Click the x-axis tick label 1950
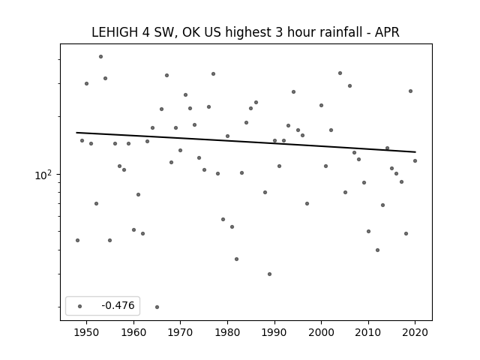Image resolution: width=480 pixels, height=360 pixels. [x=87, y=332]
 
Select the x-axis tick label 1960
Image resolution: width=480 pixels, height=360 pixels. [x=133, y=332]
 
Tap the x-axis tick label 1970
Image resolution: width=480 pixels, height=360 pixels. [x=180, y=332]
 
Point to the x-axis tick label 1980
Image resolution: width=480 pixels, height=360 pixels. [x=227, y=332]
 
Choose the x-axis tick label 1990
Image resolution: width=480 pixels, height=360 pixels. [x=274, y=332]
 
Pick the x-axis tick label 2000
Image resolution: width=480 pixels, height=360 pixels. [x=322, y=332]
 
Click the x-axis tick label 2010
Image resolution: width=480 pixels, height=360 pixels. [x=368, y=332]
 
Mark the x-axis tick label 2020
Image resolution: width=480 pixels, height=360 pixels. [x=415, y=332]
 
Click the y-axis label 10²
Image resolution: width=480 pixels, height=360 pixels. [x=43, y=175]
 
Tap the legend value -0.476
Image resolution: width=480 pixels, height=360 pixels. [x=118, y=305]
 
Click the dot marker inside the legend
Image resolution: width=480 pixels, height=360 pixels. [x=80, y=306]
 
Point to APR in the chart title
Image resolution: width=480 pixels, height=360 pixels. [x=387, y=32]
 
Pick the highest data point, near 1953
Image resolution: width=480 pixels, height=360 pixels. [x=100, y=57]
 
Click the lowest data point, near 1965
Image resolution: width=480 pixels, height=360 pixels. [x=157, y=307]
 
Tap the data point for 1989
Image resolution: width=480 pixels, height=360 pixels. [x=269, y=274]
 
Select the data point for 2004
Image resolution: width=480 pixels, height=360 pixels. [x=340, y=73]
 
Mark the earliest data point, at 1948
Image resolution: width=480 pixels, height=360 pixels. [x=77, y=240]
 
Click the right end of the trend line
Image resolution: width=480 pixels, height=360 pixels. [x=415, y=151]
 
